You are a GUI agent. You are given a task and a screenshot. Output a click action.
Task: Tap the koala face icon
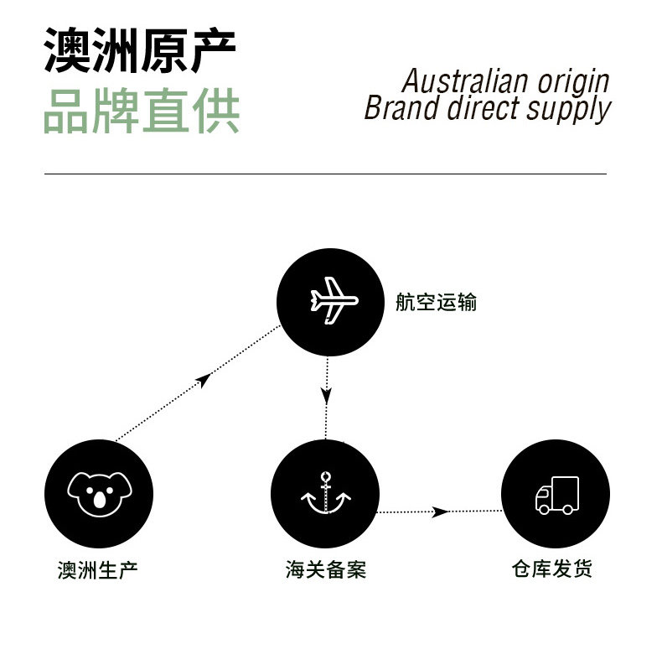[99, 492]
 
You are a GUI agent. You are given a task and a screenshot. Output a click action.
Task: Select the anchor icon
[325, 495]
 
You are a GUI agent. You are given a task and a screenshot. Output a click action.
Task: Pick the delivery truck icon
[556, 495]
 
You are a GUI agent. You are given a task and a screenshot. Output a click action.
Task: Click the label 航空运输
[436, 303]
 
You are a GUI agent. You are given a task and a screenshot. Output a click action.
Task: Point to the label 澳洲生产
[97, 570]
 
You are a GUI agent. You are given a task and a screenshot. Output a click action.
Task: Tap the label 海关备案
[326, 570]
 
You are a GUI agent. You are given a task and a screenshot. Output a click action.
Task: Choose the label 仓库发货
[552, 569]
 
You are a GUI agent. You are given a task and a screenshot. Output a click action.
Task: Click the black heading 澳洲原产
[140, 50]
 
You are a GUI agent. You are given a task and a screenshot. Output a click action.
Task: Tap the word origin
[574, 83]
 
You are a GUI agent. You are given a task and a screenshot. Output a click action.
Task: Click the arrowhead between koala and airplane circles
[202, 382]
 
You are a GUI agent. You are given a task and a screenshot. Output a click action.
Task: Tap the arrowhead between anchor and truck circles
[438, 512]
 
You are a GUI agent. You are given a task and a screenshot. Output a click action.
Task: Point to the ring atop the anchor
[325, 475]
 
